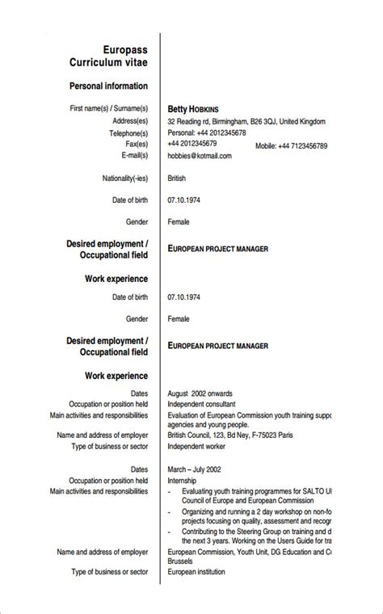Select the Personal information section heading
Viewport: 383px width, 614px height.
(x=109, y=86)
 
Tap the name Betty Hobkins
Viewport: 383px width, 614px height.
(x=193, y=109)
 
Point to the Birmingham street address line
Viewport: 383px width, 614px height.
(x=246, y=122)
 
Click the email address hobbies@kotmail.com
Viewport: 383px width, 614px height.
(x=200, y=156)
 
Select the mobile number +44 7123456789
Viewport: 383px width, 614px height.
(x=291, y=146)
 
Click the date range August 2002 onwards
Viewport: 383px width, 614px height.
(x=200, y=393)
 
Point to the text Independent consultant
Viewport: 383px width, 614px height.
(x=202, y=404)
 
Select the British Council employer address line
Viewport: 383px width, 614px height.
(x=230, y=435)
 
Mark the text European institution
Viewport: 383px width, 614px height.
(x=196, y=572)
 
